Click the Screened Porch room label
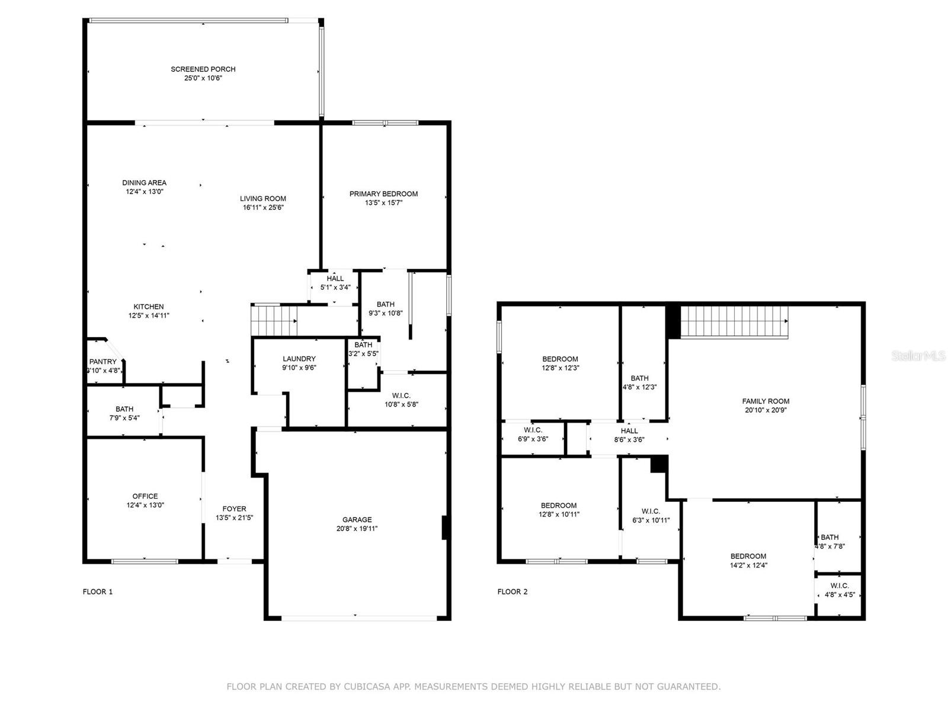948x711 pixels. click(203, 69)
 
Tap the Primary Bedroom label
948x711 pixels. click(383, 194)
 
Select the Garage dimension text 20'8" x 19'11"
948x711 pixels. click(357, 529)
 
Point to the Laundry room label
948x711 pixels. click(299, 358)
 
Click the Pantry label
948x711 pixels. click(103, 362)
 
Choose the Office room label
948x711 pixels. click(145, 497)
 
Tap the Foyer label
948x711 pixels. click(234, 509)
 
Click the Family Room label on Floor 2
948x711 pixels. click(766, 401)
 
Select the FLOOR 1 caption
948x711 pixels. click(98, 592)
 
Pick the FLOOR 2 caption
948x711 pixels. click(513, 592)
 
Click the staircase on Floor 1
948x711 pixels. click(274, 320)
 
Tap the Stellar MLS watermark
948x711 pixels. click(918, 355)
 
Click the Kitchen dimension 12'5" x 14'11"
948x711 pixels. click(149, 316)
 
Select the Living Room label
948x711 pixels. click(263, 198)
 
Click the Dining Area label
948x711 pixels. click(144, 182)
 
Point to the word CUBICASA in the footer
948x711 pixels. click(363, 686)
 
